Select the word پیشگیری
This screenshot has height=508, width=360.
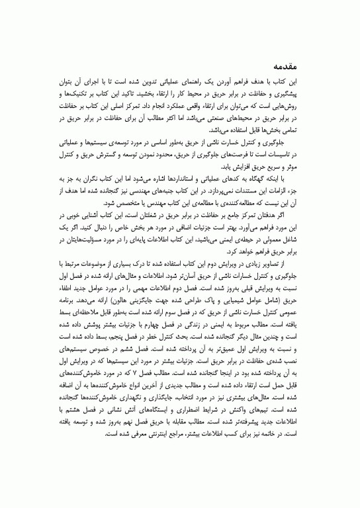click(316, 96)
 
